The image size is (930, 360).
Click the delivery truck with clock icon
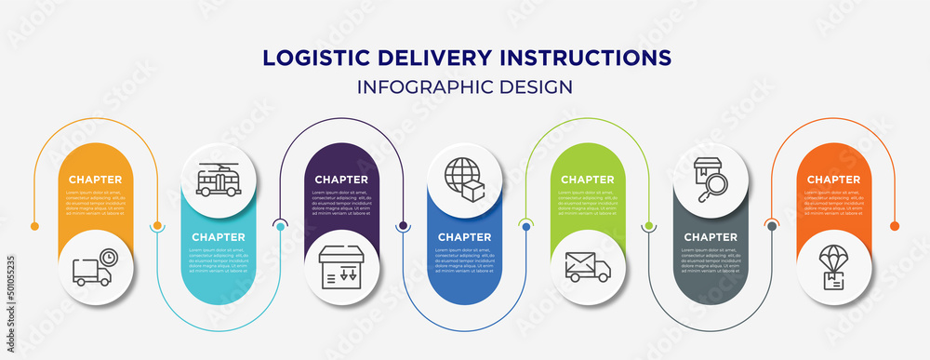95,268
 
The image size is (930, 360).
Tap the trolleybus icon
219,180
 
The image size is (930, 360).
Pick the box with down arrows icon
341,268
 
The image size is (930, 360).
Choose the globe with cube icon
464,180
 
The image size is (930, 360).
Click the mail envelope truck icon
588,268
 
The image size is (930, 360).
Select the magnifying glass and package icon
711,180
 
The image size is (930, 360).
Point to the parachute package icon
833,268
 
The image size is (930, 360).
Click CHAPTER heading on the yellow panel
95,180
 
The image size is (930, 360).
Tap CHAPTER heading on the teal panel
219,237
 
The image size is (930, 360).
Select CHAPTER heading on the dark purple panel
341,180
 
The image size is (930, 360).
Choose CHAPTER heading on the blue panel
464,237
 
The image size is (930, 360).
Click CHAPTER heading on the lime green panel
588,180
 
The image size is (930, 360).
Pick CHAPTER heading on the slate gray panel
711,237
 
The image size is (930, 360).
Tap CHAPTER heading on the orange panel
833,180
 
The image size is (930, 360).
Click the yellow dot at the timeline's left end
35,226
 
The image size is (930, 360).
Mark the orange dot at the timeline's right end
895,226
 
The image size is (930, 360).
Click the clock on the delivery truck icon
109,257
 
